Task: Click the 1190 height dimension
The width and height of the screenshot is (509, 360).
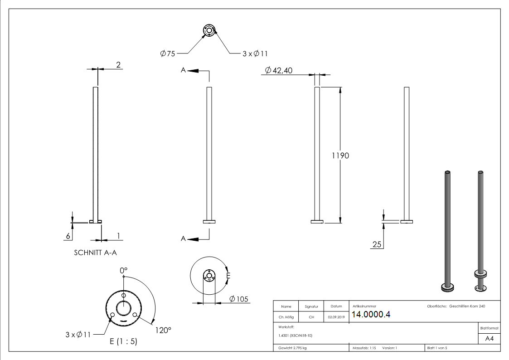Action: click(x=340, y=156)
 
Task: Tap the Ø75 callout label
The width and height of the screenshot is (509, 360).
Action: click(x=167, y=54)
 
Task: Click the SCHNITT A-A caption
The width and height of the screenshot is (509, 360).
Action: click(x=98, y=253)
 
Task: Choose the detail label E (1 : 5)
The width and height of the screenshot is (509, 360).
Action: click(x=123, y=342)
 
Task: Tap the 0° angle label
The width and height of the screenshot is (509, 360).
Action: click(x=123, y=270)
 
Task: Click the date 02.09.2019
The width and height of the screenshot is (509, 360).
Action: click(x=336, y=317)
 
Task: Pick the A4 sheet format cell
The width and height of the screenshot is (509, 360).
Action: click(x=489, y=339)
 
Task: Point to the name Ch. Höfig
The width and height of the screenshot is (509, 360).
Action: click(x=286, y=317)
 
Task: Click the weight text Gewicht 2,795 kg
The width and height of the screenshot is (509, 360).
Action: click(x=293, y=348)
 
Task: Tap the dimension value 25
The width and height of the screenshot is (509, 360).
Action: click(x=377, y=245)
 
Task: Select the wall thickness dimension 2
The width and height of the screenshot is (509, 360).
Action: click(x=118, y=65)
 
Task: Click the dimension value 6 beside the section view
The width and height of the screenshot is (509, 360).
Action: click(x=68, y=236)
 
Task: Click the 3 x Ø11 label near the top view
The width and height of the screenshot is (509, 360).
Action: click(x=255, y=54)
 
